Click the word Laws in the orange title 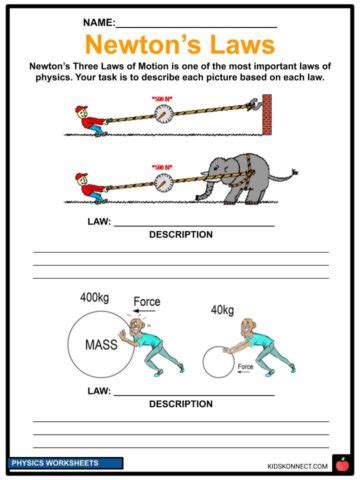[237, 45]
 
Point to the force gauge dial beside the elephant [162, 182]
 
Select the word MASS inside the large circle [102, 346]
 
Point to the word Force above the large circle [148, 301]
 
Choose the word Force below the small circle [245, 367]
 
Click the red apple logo [341, 463]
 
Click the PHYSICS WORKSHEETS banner [66, 464]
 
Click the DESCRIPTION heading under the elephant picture [180, 235]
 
